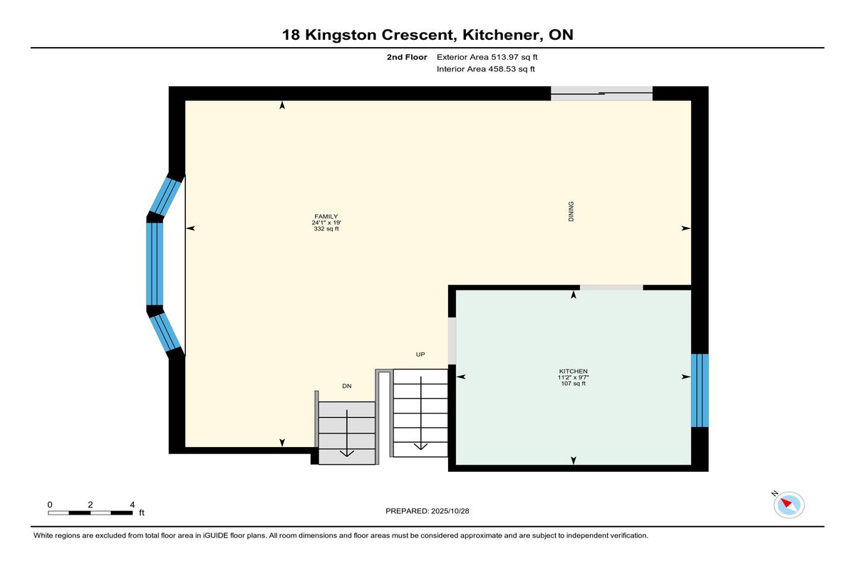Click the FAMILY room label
(x=326, y=216)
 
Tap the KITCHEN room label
(x=574, y=372)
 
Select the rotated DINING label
(x=571, y=211)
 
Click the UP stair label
(x=420, y=354)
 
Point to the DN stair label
(x=346, y=387)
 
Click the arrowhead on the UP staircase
(x=420, y=446)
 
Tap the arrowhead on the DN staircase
(x=346, y=453)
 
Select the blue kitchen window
(x=700, y=390)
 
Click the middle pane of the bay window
(x=155, y=264)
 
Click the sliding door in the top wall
(x=601, y=93)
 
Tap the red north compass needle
(x=786, y=502)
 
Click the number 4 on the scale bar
(x=133, y=505)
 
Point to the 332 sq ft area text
(x=326, y=228)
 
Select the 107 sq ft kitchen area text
(x=574, y=384)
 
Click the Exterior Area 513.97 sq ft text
(x=487, y=57)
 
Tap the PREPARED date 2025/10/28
(x=450, y=511)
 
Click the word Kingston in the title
(x=341, y=35)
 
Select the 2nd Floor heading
(x=407, y=57)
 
